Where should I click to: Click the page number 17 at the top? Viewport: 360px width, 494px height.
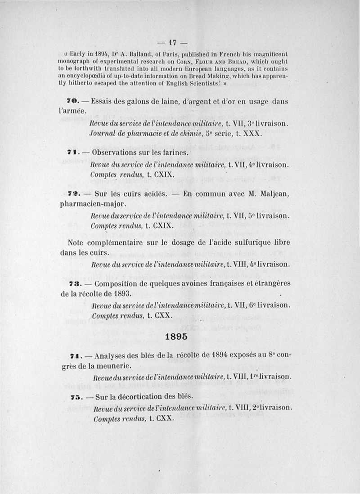tap(171, 44)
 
